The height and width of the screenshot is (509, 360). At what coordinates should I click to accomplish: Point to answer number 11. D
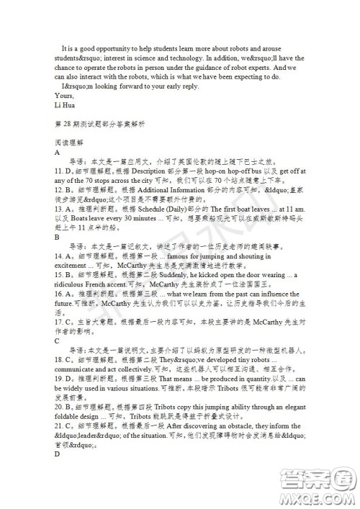63,171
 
